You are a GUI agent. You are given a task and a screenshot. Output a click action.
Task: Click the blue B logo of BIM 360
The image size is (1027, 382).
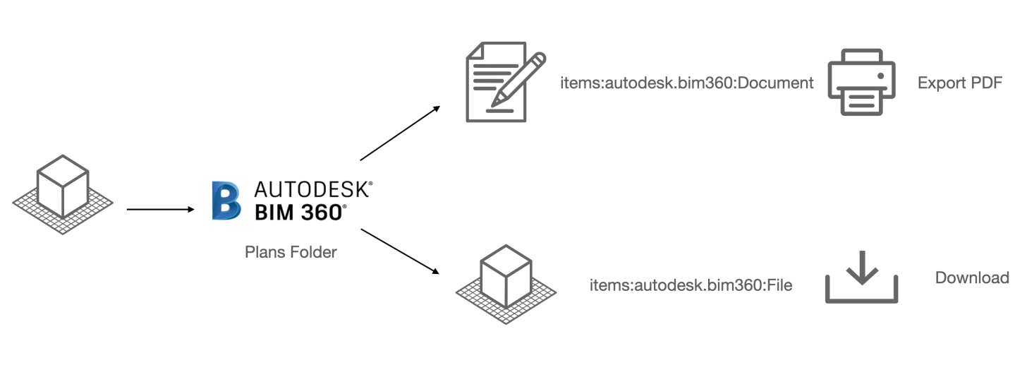[226, 201]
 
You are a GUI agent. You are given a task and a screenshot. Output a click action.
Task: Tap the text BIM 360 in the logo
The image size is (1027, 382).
[299, 211]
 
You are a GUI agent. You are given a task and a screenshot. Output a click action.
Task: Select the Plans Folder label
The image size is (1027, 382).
[291, 252]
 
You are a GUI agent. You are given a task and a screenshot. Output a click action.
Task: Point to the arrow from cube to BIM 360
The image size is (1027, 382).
[159, 210]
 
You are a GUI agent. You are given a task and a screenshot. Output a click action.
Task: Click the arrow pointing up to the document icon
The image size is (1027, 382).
[400, 133]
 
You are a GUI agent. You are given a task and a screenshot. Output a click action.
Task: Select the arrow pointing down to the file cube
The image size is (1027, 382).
[400, 251]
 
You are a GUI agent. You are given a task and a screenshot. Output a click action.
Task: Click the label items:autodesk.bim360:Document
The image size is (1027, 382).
[686, 83]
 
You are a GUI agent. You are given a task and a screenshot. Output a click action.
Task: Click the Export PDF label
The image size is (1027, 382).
[959, 83]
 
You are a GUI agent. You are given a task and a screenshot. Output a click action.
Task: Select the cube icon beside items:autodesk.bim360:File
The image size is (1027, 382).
[505, 282]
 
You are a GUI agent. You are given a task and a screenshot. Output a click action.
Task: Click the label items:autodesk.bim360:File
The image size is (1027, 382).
[691, 285]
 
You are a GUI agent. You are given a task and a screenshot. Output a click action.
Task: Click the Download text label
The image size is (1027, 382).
[971, 277]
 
